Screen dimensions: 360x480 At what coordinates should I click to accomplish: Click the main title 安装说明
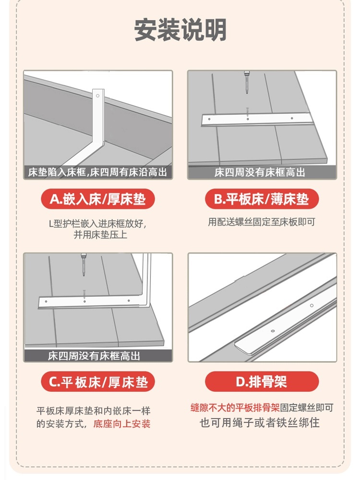[x=180, y=30]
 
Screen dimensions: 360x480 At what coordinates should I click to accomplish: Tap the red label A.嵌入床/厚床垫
[x=98, y=199]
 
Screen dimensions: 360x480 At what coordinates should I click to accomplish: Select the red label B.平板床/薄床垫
[x=262, y=199]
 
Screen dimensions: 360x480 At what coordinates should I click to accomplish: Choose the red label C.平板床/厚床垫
[x=98, y=382]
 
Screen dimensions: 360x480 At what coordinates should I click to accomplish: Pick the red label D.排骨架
[x=262, y=382]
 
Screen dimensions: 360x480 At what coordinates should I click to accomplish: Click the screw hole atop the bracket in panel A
[x=97, y=96]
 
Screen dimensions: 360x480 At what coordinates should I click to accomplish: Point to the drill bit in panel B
[x=246, y=82]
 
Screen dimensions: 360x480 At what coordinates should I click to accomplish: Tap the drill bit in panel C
[x=83, y=264]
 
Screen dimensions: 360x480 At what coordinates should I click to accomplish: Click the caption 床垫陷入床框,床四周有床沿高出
[x=97, y=172]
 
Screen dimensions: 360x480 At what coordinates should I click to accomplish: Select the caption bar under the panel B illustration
[x=262, y=172]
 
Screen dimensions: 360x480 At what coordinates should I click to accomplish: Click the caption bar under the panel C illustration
[x=98, y=356]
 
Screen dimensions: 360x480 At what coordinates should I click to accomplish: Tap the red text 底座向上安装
[x=122, y=424]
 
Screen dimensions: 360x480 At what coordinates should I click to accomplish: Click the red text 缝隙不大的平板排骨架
[x=235, y=408]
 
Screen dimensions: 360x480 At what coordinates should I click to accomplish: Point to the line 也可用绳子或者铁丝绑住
[x=260, y=423]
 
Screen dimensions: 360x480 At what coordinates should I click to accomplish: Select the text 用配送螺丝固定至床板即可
[x=262, y=222]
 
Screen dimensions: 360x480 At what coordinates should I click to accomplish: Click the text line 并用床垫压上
[x=100, y=235]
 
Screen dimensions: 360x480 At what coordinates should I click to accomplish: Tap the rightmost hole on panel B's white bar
[x=292, y=118]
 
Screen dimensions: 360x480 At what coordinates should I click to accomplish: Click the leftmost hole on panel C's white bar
[x=46, y=301]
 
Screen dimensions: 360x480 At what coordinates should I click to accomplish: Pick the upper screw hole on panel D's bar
[x=312, y=305]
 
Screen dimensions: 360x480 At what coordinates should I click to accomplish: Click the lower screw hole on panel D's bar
[x=273, y=331]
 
